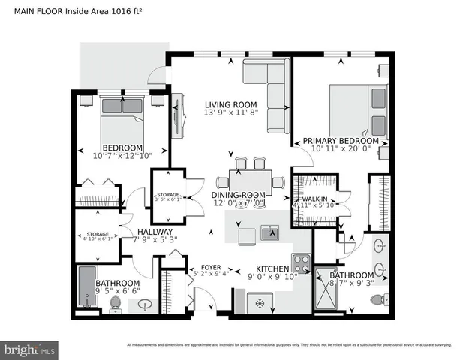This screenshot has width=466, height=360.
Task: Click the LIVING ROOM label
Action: point(231,105)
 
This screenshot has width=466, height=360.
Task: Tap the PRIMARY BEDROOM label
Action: point(341,140)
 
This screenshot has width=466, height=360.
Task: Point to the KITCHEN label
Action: point(273,268)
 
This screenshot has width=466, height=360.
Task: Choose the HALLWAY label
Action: point(155,232)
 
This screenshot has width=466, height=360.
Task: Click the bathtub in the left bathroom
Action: point(86,289)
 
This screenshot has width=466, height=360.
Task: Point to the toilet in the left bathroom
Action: point(116,303)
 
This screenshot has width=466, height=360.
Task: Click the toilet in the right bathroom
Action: point(378,300)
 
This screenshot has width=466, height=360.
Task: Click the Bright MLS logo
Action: point(30,349)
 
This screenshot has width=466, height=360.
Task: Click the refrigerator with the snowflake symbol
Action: point(260,302)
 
